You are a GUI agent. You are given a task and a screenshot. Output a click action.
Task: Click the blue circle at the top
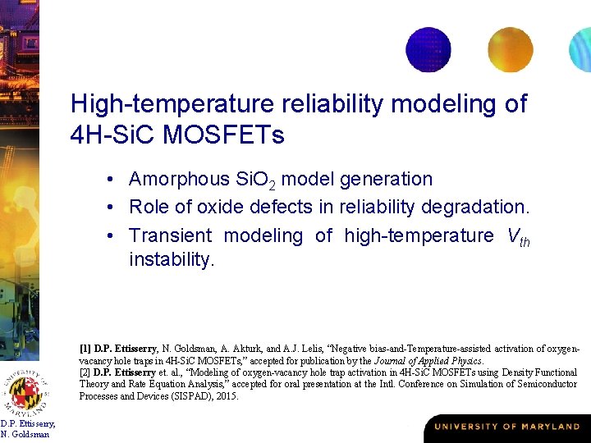428,49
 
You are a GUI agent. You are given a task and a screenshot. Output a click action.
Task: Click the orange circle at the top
511,49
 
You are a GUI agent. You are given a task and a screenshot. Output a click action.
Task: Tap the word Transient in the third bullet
170,235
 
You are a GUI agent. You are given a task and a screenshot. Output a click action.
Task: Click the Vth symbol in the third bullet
518,237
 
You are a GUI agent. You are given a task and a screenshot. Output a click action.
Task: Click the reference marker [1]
85,349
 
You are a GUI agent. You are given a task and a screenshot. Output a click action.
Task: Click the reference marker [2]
85,372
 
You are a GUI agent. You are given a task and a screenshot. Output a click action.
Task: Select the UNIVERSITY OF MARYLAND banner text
506,427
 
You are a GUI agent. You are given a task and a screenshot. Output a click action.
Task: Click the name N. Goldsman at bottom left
26,434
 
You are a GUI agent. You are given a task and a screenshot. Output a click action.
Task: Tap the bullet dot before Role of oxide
109,206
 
